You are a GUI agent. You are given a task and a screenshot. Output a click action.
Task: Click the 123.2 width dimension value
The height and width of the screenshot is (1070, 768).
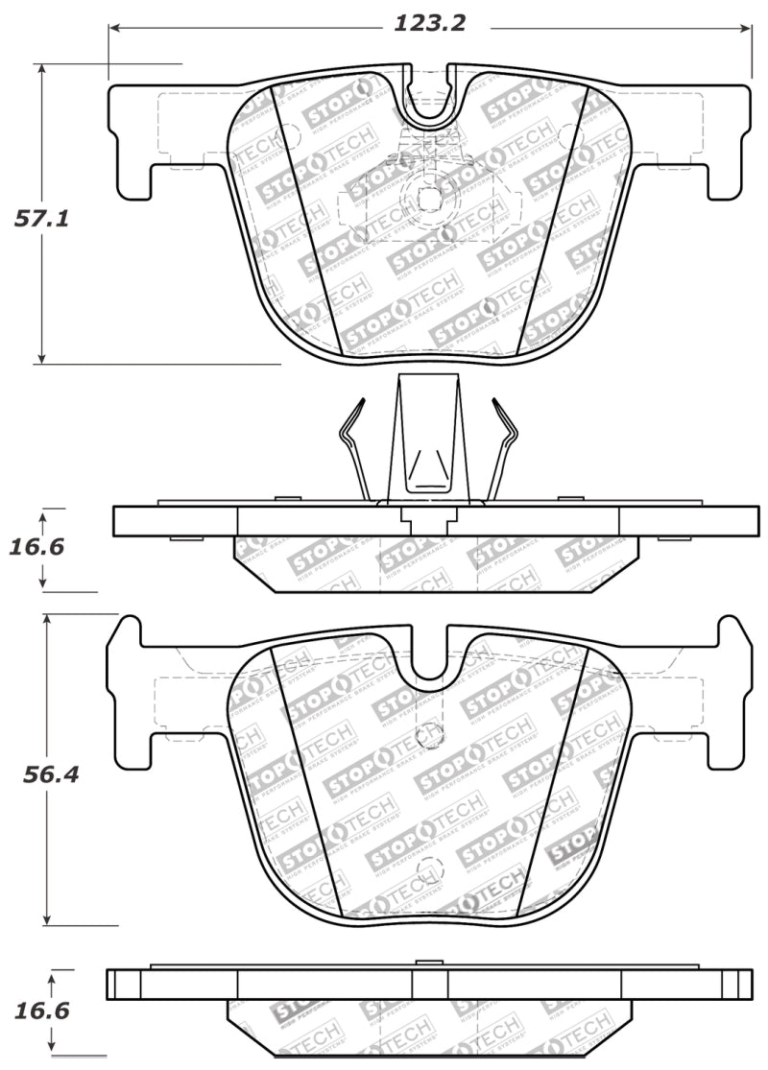coord(429,23)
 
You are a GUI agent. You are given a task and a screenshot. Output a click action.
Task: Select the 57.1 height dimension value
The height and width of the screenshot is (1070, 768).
coord(41,218)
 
